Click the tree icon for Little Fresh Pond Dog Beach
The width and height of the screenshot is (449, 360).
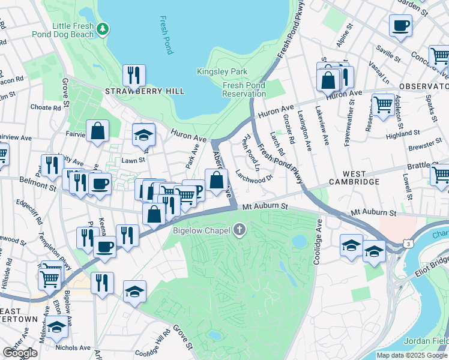[103, 28]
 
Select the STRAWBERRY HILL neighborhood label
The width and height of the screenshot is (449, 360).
[145, 91]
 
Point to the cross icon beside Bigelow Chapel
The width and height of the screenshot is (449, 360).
[240, 229]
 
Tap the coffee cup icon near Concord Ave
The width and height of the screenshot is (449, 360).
[400, 25]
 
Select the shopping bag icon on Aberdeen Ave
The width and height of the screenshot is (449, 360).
[216, 179]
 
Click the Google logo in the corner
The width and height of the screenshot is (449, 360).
[20, 353]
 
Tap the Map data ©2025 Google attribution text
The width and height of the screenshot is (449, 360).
[411, 355]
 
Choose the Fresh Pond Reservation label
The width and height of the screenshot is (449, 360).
[244, 89]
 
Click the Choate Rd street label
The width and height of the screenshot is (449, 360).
[46, 108]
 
